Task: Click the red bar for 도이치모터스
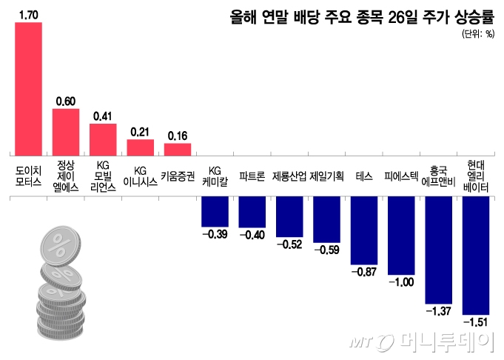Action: pyautogui.click(x=28, y=88)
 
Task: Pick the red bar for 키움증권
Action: pyautogui.click(x=177, y=149)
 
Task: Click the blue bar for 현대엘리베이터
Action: pyautogui.click(x=475, y=255)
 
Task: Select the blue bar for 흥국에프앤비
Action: pyautogui.click(x=438, y=250)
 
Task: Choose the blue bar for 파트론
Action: pyautogui.click(x=252, y=212)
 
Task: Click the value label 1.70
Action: pyautogui.click(x=28, y=14)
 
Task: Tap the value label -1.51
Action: pyautogui.click(x=475, y=321)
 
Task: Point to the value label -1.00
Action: pyautogui.click(x=401, y=282)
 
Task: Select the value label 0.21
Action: pyautogui.click(x=140, y=132)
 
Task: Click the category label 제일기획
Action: pyautogui.click(x=326, y=176)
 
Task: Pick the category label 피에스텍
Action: pyautogui.click(x=401, y=176)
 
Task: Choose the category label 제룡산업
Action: pyautogui.click(x=289, y=176)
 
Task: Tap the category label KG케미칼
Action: pyautogui.click(x=215, y=176)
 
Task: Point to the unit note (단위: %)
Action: pyautogui.click(x=477, y=34)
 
